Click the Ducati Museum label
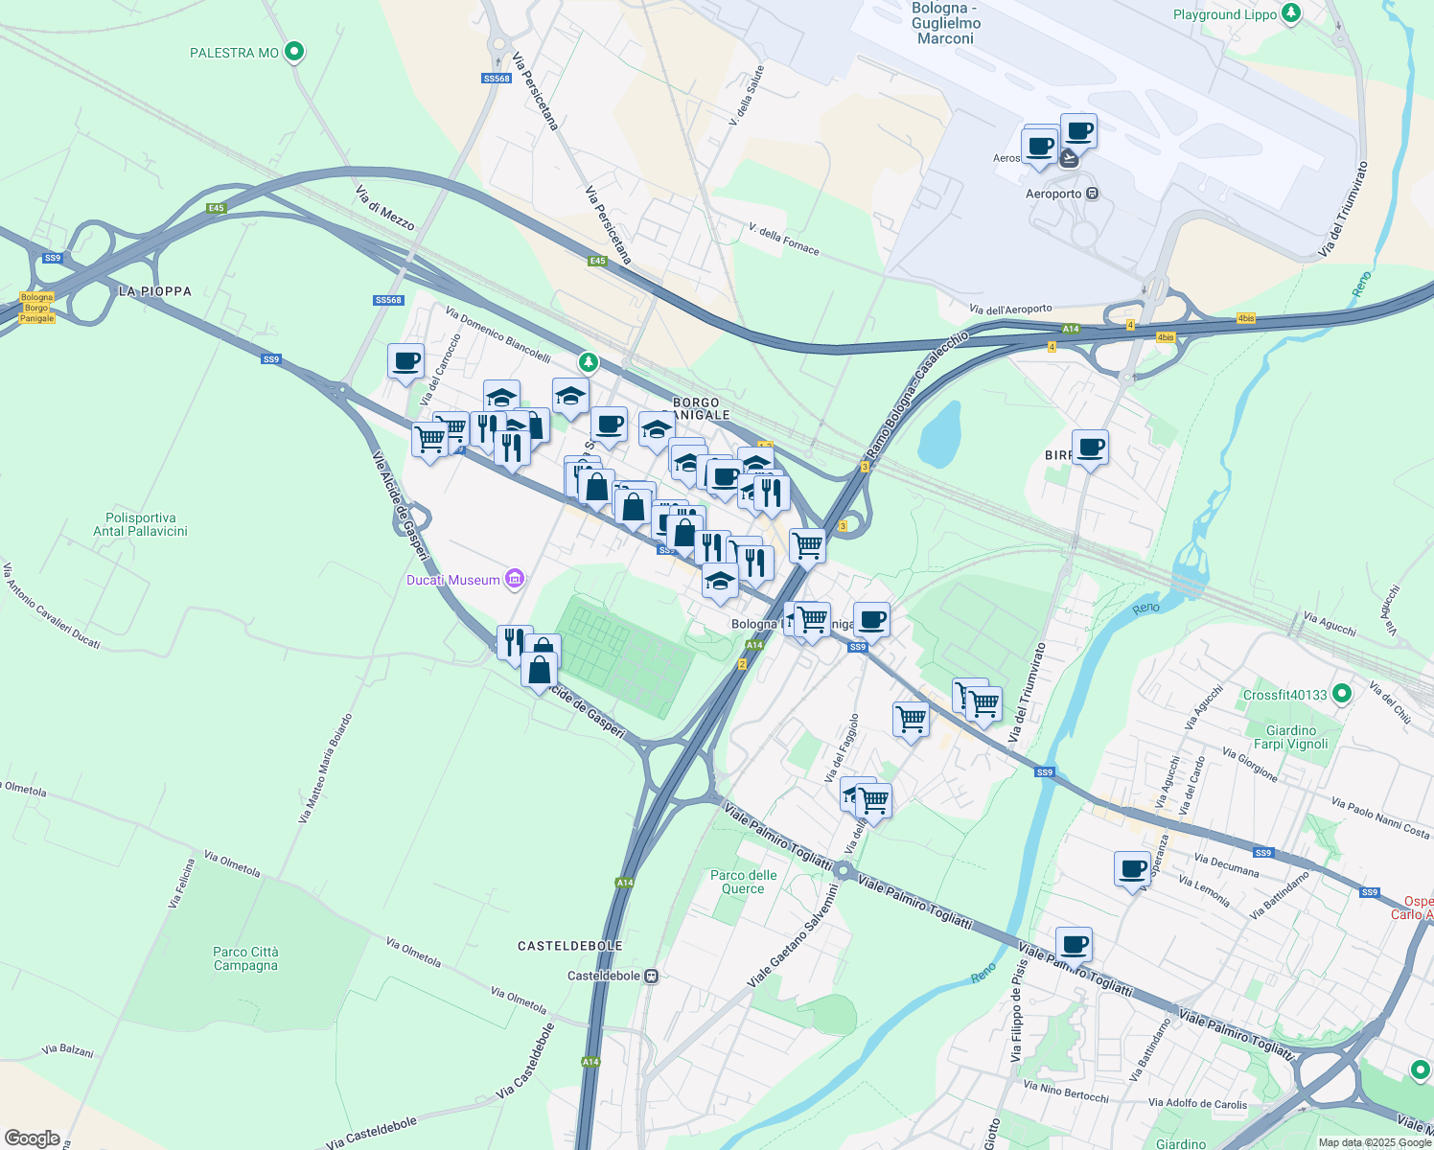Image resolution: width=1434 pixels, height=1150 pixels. point(453,580)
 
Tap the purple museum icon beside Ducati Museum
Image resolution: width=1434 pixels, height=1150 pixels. point(516,579)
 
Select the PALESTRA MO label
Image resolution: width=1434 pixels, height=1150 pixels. point(234,53)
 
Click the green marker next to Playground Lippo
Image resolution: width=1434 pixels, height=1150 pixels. point(1291,13)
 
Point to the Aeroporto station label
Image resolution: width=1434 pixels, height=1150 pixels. point(1053,194)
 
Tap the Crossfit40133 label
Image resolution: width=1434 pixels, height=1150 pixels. point(1284,695)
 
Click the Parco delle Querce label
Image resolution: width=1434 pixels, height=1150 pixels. point(744,882)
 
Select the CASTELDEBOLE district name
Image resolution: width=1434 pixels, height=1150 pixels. point(570,946)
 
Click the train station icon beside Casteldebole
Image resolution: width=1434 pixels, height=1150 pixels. point(652,977)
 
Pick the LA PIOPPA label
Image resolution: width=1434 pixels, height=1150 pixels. point(155,291)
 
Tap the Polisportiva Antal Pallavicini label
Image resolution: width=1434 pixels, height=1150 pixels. point(141,524)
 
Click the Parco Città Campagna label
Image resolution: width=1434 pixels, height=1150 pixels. point(245,958)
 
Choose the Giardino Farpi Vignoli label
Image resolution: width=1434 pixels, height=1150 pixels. point(1291,737)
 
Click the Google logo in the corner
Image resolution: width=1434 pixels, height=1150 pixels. point(32,1138)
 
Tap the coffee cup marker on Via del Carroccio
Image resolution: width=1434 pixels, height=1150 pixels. point(406,362)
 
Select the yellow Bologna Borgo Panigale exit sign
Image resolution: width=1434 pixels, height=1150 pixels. point(37,308)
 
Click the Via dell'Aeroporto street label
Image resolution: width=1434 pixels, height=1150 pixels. point(1010,310)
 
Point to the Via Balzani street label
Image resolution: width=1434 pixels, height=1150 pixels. point(68,1051)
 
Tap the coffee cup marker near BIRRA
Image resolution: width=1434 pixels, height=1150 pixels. point(1090,448)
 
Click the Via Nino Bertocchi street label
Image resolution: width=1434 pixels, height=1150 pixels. point(1066,1092)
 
